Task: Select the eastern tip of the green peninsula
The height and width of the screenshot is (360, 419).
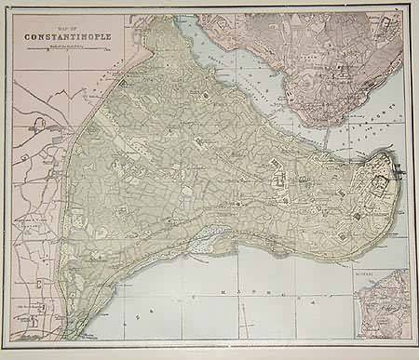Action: tap(399, 172)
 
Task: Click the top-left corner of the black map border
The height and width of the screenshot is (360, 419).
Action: tap(13, 14)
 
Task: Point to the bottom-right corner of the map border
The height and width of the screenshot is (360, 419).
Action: tap(409, 340)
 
